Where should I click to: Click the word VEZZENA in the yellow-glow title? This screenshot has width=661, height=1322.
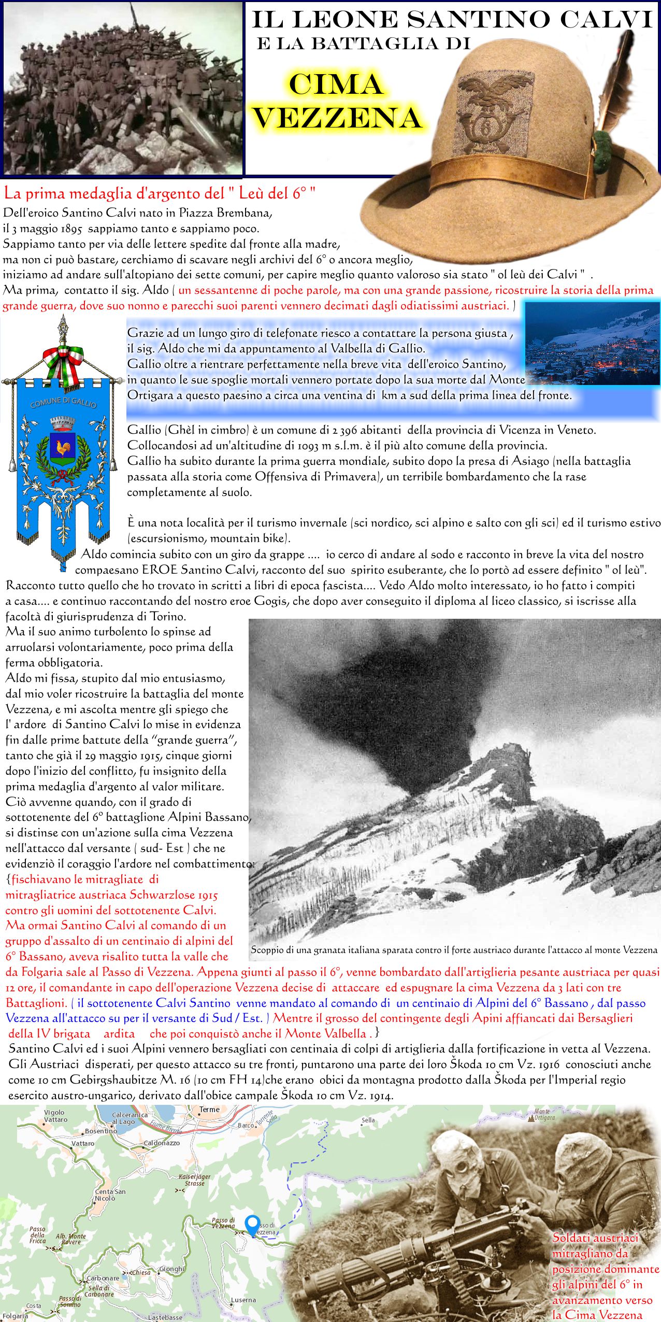click(338, 118)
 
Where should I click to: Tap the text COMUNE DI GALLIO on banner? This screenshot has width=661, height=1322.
click(63, 402)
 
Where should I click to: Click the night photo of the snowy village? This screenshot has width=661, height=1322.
click(592, 344)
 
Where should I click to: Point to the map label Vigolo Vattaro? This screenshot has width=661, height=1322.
click(55, 1116)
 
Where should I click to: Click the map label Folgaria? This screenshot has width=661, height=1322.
click(15, 1315)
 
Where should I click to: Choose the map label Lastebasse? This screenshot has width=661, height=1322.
click(165, 1317)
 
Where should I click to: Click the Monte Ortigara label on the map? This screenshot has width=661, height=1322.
click(544, 1114)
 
